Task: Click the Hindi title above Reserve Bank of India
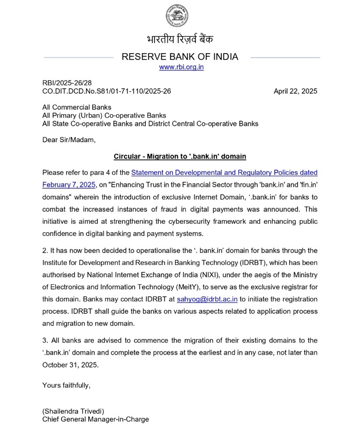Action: coord(180,39)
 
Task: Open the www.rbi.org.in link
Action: coord(181,67)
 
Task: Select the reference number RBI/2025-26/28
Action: coord(67,83)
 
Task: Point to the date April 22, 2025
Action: coord(295,91)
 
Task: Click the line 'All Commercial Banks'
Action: coord(77,107)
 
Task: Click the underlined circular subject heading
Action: coord(180,156)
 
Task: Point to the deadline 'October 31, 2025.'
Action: coord(71,365)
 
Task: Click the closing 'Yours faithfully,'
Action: coord(66,385)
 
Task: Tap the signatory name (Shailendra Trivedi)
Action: coord(73,411)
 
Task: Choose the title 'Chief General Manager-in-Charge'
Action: coord(95,419)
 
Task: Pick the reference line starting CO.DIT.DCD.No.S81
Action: coord(106,91)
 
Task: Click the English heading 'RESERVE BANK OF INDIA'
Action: coord(180,57)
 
